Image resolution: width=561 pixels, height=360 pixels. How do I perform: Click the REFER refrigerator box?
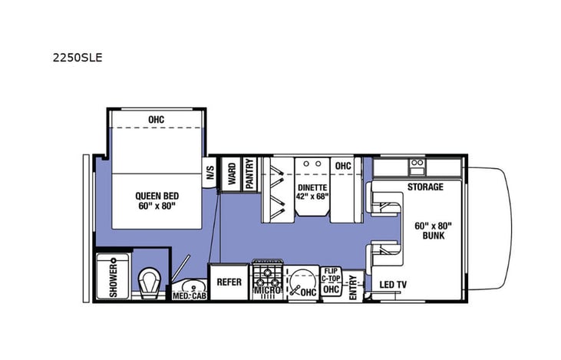pyautogui.click(x=229, y=282)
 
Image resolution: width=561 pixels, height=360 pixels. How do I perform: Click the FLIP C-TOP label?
pyautogui.click(x=331, y=276)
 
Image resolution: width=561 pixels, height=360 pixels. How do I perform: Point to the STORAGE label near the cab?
pyautogui.click(x=424, y=187)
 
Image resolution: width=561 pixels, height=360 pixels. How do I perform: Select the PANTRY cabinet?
pyautogui.click(x=249, y=173)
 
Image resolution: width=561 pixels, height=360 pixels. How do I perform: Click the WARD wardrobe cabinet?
pyautogui.click(x=231, y=174)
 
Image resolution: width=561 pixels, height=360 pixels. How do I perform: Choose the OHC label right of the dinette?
pyautogui.click(x=342, y=165)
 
